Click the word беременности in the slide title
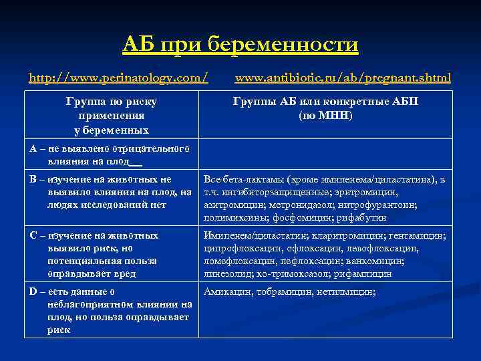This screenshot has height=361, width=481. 283,45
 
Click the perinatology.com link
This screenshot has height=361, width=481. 118,78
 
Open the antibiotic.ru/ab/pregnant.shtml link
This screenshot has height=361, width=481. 343,78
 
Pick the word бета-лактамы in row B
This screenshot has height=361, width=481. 256,180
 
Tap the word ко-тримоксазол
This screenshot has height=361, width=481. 296,273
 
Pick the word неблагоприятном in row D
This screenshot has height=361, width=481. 91,304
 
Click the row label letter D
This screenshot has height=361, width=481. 33,291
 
